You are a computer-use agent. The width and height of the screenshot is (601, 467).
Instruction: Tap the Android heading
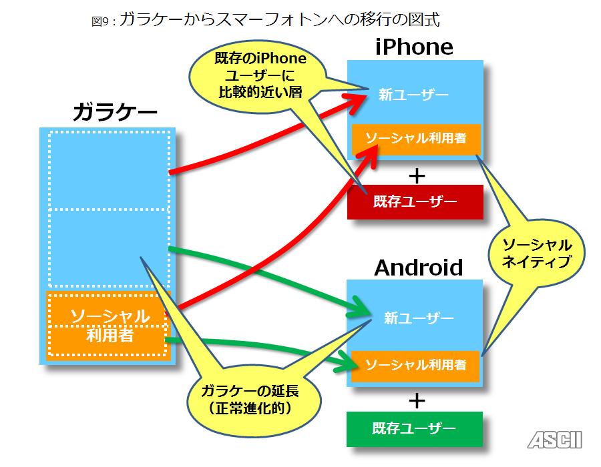[x=418, y=268]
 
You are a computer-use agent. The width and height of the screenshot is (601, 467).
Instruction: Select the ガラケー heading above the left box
[x=115, y=111]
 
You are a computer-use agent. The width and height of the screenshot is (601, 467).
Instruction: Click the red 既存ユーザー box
[x=415, y=201]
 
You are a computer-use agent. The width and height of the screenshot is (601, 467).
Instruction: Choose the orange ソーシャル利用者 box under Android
[x=415, y=365]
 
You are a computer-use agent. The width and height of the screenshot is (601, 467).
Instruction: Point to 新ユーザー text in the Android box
[x=419, y=318]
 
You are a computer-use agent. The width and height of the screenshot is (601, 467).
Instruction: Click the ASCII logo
[x=554, y=440]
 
